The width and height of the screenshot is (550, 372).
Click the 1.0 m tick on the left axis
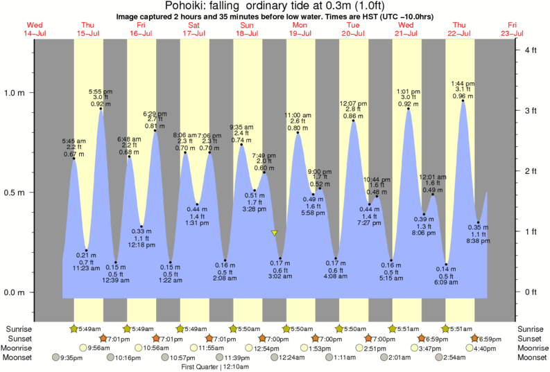[x=15, y=93]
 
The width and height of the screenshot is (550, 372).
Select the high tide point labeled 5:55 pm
[x=101, y=109]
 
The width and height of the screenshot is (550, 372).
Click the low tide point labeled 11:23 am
[x=87, y=250]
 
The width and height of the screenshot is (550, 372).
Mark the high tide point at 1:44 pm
[x=463, y=100]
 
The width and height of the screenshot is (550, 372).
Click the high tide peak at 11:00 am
[x=298, y=133]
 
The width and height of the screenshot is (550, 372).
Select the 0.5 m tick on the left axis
[x=15, y=193]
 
